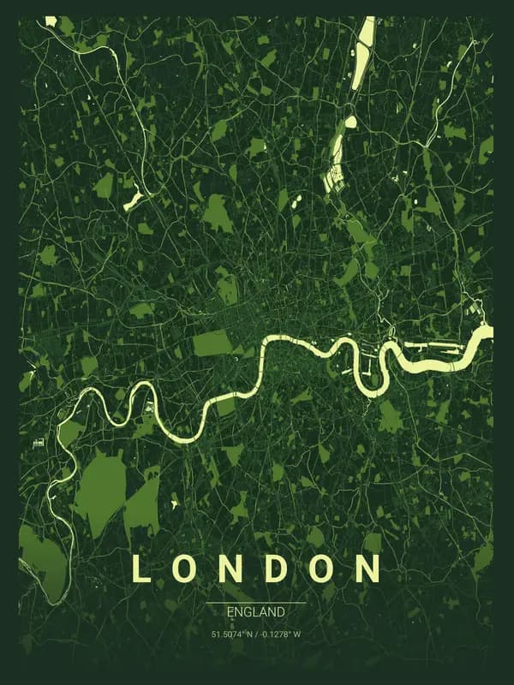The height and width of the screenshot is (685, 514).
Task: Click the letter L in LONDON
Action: [x=140, y=569]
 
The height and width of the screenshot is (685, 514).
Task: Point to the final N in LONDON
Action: [x=369, y=569]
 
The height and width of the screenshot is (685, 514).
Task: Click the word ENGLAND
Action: [x=255, y=612]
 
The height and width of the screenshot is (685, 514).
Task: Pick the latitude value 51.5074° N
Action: [x=233, y=634]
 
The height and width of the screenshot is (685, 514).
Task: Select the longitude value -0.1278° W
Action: [x=282, y=634]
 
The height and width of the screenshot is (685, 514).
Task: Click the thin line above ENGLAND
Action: [x=255, y=603]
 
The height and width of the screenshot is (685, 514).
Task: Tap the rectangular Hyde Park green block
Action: [x=212, y=342]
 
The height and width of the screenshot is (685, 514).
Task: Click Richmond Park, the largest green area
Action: [x=100, y=488]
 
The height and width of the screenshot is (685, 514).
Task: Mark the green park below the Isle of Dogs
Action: [x=391, y=417]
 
